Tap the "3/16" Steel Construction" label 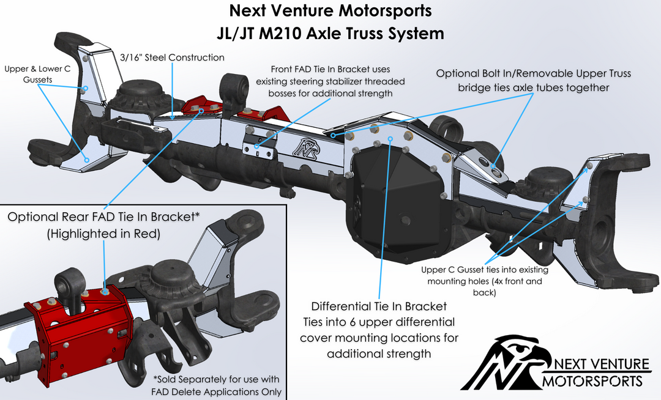click(x=173, y=57)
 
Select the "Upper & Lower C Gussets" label click(x=37, y=75)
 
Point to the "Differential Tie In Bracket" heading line click(x=379, y=306)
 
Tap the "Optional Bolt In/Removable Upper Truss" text click(x=533, y=73)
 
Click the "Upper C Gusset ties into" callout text click(x=485, y=270)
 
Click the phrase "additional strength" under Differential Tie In click(x=379, y=354)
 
